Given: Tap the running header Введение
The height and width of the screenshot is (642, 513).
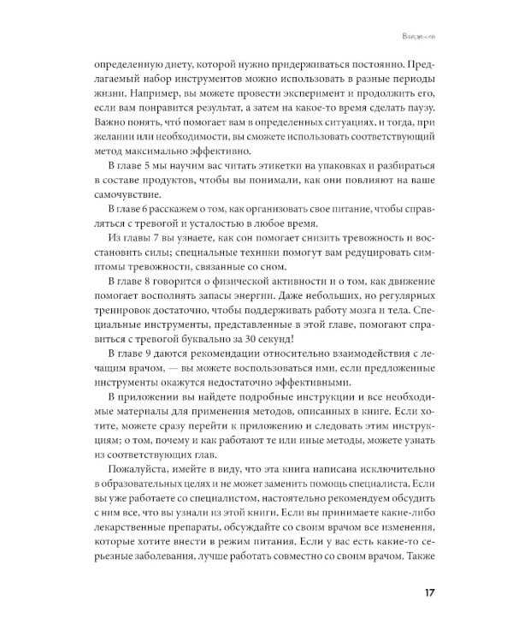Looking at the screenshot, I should (x=422, y=35).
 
